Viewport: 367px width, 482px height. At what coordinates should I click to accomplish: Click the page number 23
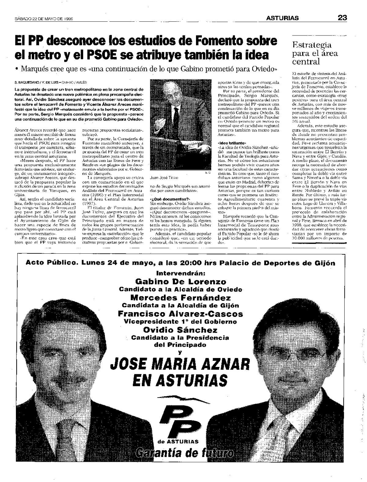[x=342, y=18]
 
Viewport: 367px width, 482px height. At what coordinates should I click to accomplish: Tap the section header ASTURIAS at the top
[x=282, y=18]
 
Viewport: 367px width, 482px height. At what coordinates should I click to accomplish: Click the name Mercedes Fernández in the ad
[x=180, y=297]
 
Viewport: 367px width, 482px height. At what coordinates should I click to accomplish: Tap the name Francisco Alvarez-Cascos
[x=180, y=314]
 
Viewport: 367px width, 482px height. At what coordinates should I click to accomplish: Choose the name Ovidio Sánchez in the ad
[x=180, y=330]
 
